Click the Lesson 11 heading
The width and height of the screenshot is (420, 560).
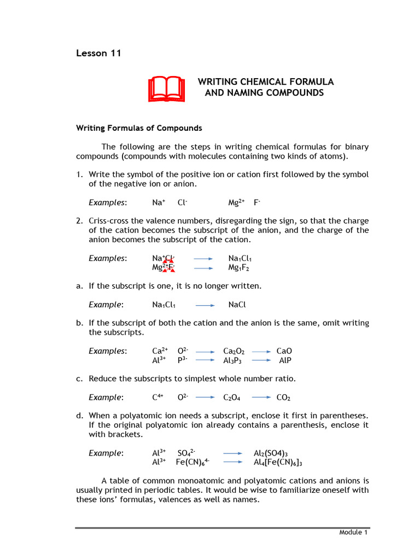click(98, 53)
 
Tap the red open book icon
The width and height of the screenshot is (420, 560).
click(166, 89)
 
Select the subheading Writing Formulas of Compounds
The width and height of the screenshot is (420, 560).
click(138, 128)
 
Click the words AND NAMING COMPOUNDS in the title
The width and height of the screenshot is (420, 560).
click(264, 93)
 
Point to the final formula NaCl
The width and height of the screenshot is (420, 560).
click(235, 305)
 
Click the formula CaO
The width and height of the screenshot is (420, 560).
click(284, 351)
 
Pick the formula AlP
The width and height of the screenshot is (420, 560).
click(285, 360)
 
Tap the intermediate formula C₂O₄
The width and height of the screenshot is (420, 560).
click(232, 397)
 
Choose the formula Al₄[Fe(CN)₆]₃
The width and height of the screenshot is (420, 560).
click(278, 462)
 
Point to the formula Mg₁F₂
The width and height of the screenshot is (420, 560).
click(239, 268)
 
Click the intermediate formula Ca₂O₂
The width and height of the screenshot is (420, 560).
click(234, 351)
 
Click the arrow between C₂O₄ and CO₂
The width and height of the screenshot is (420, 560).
click(261, 397)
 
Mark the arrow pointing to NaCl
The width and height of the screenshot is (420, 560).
click(205, 305)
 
